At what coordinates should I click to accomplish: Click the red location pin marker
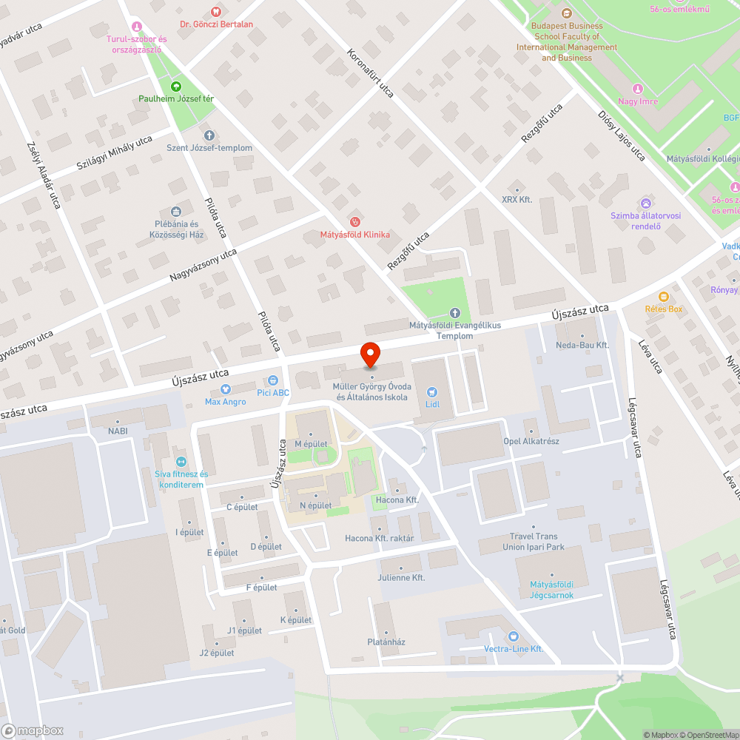point(369,355)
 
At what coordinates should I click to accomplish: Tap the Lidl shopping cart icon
point(432,392)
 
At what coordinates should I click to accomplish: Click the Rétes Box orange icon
point(664,297)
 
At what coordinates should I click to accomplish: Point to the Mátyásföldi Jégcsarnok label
point(551,590)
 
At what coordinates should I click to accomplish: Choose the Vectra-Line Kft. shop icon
point(514,636)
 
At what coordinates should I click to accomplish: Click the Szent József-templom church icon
point(209,135)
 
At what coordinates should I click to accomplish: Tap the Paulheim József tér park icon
point(176,87)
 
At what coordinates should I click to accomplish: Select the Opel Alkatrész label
point(531,442)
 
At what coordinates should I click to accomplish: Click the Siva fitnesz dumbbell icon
point(182,461)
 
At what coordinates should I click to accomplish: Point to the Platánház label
point(386,642)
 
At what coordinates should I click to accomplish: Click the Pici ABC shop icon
point(272,380)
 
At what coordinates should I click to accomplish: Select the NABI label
point(118,431)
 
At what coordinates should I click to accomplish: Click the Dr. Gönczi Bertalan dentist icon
point(216,11)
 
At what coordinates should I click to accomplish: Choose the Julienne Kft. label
point(401,577)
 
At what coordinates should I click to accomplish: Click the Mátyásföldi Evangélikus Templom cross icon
point(455,313)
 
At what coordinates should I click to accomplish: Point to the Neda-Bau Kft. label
point(582,346)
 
